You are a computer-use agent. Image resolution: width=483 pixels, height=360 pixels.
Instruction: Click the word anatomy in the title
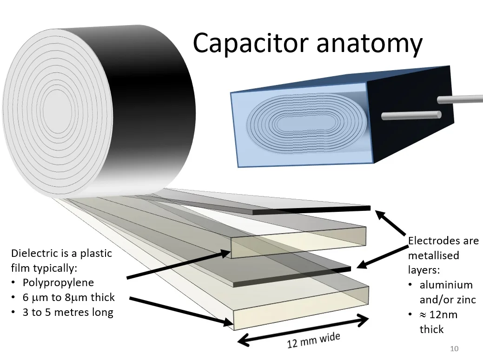tap(369, 44)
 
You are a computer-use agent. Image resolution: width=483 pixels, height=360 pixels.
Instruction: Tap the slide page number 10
tap(455, 348)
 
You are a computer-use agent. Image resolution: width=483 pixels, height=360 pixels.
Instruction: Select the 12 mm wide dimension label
tap(313, 340)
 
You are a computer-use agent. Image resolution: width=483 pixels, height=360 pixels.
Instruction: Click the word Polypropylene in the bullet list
tap(58, 282)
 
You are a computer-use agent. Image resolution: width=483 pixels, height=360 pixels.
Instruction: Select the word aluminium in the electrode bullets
tap(446, 285)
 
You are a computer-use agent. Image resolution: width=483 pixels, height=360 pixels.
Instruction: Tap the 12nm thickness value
tap(444, 314)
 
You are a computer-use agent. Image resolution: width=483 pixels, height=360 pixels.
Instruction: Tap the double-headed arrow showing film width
tap(303, 330)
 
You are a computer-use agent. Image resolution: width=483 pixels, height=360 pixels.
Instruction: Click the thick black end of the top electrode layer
tap(311, 210)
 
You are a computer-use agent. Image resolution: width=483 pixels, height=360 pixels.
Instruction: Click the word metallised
tap(433, 255)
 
